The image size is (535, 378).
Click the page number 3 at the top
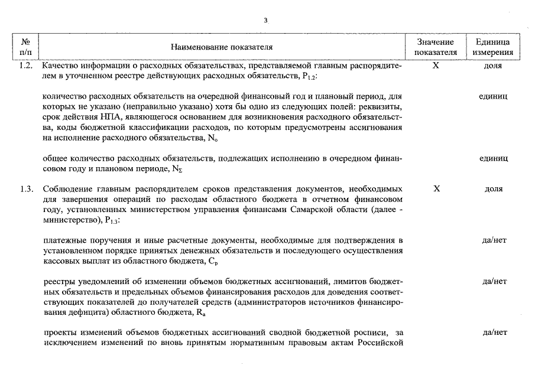pyautogui.click(x=266, y=21)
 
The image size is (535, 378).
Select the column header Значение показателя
pyautogui.click(x=436, y=47)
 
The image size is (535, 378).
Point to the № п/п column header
pyautogui.click(x=25, y=47)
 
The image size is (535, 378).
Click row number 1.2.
pyautogui.click(x=25, y=66)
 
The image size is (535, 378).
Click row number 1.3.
pyautogui.click(x=25, y=189)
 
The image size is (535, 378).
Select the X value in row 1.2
pyautogui.click(x=436, y=66)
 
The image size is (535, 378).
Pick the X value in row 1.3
pyautogui.click(x=436, y=189)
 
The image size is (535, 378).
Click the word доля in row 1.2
pyautogui.click(x=493, y=66)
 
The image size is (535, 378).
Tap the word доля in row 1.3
pyautogui.click(x=493, y=189)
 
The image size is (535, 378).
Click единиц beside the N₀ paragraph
pyautogui.click(x=493, y=96)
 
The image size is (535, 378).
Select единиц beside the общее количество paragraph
pyautogui.click(x=493, y=158)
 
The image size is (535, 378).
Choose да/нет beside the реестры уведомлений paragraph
pyautogui.click(x=494, y=281)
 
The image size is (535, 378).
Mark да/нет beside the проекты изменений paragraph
pyautogui.click(x=494, y=333)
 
